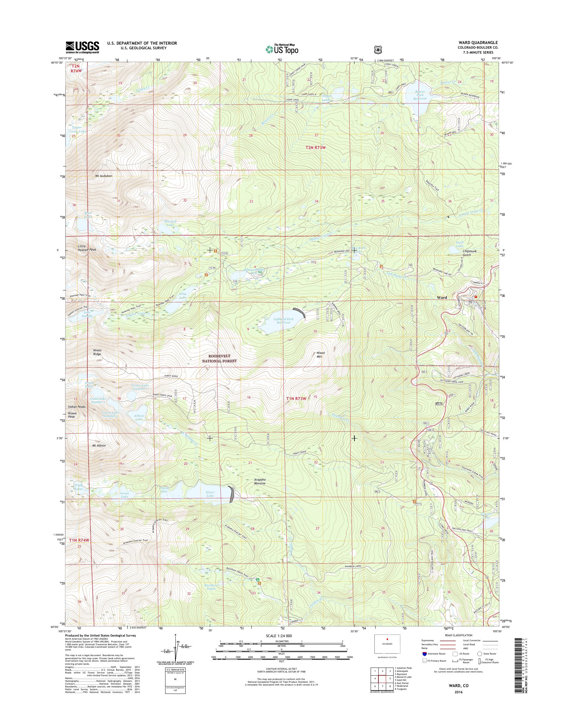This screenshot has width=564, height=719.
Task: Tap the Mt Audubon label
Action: pyautogui.click(x=104, y=176)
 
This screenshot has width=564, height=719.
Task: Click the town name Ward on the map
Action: pyautogui.click(x=442, y=298)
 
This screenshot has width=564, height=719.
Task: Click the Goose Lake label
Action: pyautogui.click(x=125, y=495)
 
